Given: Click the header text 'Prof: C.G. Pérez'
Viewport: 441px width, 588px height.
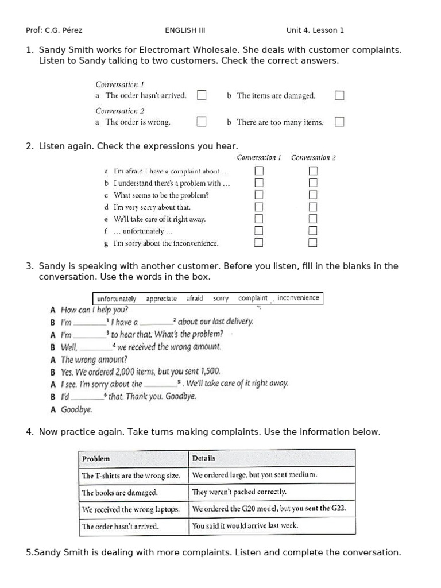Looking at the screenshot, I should pos(54,30).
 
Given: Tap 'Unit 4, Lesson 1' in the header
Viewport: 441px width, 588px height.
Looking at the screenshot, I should pos(315,30).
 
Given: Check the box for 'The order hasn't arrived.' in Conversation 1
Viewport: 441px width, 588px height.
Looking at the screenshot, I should pos(202,95).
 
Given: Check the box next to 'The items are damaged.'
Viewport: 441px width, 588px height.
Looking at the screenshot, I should pos(339,95).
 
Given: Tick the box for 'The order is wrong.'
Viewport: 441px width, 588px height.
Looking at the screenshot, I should pos(202,122).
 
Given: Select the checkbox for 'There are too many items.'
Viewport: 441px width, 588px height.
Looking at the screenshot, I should pos(339,122).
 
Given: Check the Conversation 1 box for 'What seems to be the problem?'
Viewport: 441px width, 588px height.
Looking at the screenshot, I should pos(259,195).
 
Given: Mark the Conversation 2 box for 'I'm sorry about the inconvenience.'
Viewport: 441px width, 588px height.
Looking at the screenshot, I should pos(313,243).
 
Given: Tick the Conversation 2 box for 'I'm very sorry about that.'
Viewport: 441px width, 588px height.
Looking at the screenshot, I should pos(313,207).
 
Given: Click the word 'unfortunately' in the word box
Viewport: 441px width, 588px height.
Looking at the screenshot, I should pos(117,299).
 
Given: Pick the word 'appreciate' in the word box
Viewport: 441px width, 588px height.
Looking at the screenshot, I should pos(161,299).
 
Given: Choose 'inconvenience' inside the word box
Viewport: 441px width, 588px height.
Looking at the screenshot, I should pos(298,298).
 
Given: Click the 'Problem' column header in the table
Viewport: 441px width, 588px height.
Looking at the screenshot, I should pos(96,458).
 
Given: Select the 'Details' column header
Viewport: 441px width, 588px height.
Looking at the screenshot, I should pos(204,458).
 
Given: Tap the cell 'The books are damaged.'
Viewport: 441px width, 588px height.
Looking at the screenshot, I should pos(119,492).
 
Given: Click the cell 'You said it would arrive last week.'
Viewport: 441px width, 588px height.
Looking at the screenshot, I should pos(245,525).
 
